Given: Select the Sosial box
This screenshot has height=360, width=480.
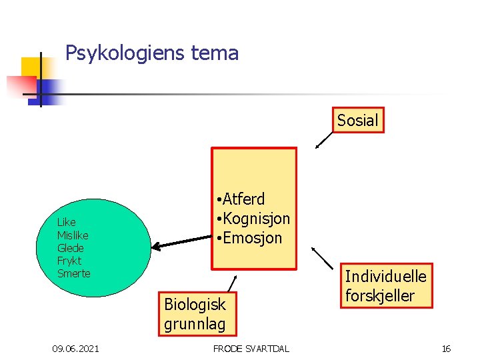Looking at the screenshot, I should [357, 120].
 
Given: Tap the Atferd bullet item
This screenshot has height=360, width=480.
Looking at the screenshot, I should [243, 199].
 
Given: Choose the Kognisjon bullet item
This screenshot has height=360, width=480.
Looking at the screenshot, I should [255, 218].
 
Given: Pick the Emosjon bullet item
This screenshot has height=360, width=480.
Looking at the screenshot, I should [251, 237].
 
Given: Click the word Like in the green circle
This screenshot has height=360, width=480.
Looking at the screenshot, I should [67, 222].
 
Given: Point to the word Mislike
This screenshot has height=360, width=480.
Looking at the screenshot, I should [73, 235].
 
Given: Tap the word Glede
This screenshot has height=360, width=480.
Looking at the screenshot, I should [71, 248].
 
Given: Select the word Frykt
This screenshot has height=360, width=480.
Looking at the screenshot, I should [69, 261].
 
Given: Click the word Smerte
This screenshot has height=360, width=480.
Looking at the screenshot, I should [73, 273].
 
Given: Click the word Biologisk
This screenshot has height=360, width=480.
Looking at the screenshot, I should [195, 305].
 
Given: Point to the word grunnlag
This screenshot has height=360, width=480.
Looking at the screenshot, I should [195, 324].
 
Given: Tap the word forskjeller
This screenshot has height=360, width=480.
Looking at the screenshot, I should [379, 295].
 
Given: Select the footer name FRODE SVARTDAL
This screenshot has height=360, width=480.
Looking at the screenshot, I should [251, 349].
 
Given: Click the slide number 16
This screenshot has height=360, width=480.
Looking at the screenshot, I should [447, 349].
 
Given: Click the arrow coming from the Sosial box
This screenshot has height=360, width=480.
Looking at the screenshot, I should [325, 139].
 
